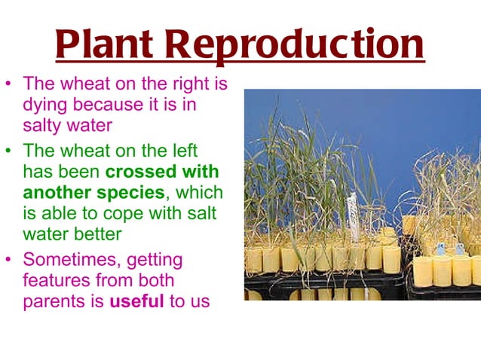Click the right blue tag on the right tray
(459, 249)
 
